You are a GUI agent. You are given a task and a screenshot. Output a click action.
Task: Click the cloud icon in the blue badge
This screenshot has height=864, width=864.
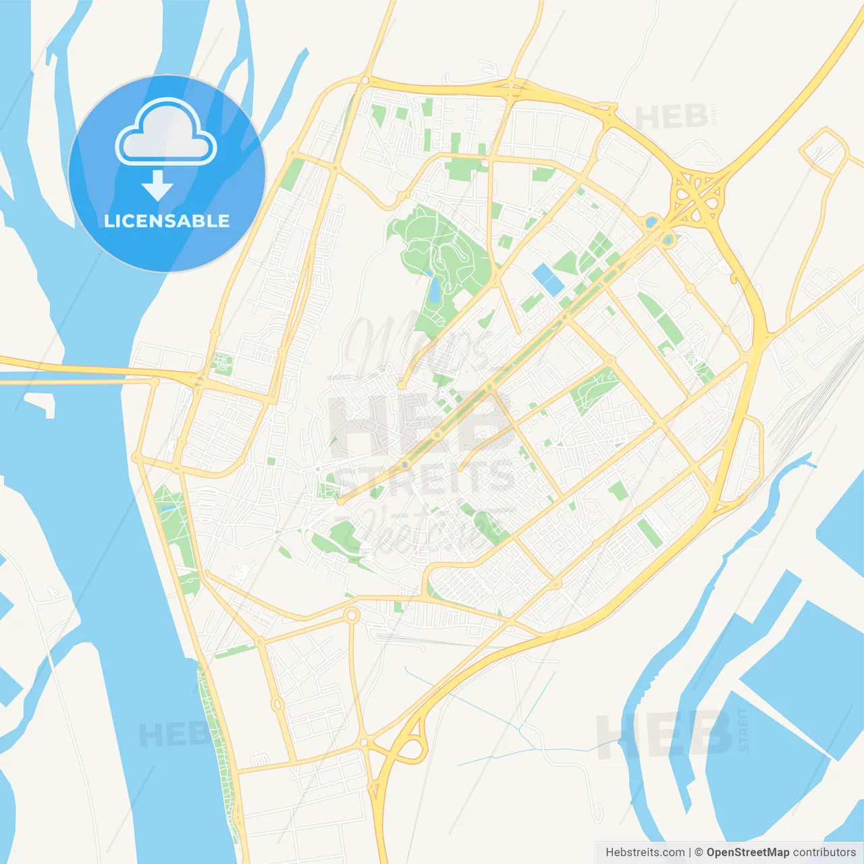[166, 134]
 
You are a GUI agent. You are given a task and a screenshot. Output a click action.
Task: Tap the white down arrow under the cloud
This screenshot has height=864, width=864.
[157, 186]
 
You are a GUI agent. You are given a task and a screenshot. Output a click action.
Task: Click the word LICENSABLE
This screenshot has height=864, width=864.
[167, 221]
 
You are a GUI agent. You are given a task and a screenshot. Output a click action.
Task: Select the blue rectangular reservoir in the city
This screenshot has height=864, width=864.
[547, 279]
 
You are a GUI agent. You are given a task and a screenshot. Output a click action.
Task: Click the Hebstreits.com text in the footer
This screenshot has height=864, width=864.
[645, 853]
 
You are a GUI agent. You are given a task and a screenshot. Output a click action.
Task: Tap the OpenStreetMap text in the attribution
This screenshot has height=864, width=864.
[748, 853]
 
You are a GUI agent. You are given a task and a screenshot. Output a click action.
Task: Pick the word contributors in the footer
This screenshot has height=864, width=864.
[824, 853]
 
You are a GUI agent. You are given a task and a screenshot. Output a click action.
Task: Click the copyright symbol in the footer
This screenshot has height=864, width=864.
[699, 853]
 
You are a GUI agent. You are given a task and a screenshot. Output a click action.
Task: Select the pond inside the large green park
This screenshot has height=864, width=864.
[434, 289]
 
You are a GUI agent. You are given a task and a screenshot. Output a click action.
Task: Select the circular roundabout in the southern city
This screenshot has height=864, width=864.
[351, 615]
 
